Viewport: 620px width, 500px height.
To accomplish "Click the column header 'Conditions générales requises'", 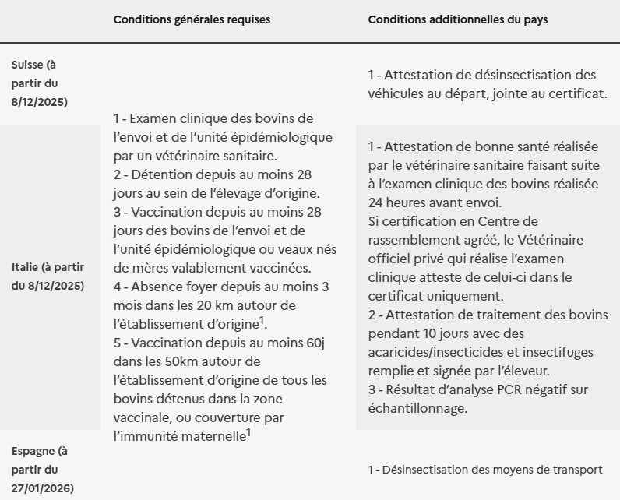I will click(192, 19).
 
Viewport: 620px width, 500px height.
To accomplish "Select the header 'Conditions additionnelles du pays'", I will click(457, 19).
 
